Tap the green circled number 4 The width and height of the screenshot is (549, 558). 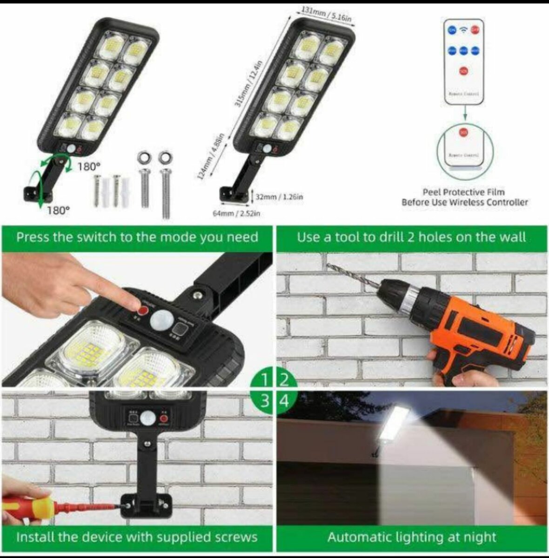[284, 400]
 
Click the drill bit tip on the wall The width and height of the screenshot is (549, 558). [328, 266]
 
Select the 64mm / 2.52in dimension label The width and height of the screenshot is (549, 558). [236, 213]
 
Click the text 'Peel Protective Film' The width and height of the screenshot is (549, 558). [463, 192]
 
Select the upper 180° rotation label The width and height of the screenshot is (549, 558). [88, 166]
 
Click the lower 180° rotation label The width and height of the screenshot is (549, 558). [58, 210]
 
